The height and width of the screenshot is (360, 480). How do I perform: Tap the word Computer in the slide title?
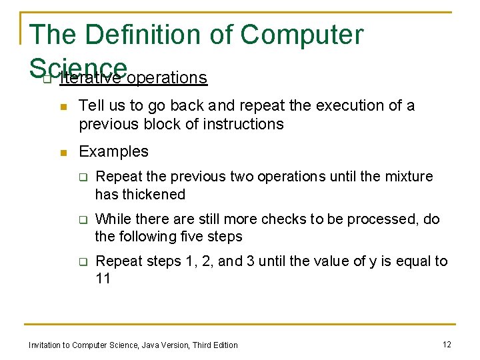pyautogui.click(x=302, y=35)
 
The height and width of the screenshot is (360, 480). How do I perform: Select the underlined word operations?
pyautogui.click(x=167, y=78)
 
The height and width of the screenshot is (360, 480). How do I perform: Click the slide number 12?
pyautogui.click(x=447, y=344)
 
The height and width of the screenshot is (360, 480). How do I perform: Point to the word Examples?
pyautogui.click(x=113, y=152)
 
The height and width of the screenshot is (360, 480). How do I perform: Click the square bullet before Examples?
pyautogui.click(x=63, y=153)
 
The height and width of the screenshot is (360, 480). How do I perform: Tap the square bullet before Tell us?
pyautogui.click(x=63, y=107)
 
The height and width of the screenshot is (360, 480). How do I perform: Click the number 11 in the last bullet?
pyautogui.click(x=103, y=279)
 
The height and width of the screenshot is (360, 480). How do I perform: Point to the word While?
pyautogui.click(x=114, y=219)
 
